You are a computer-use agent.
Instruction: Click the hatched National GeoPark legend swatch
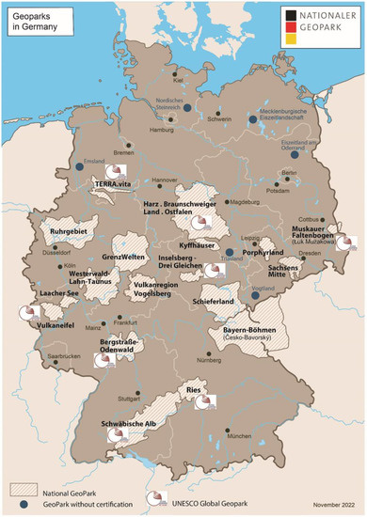point(24,491)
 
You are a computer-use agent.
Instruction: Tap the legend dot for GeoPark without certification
point(24,505)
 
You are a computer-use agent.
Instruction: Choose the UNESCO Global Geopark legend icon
point(152,499)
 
